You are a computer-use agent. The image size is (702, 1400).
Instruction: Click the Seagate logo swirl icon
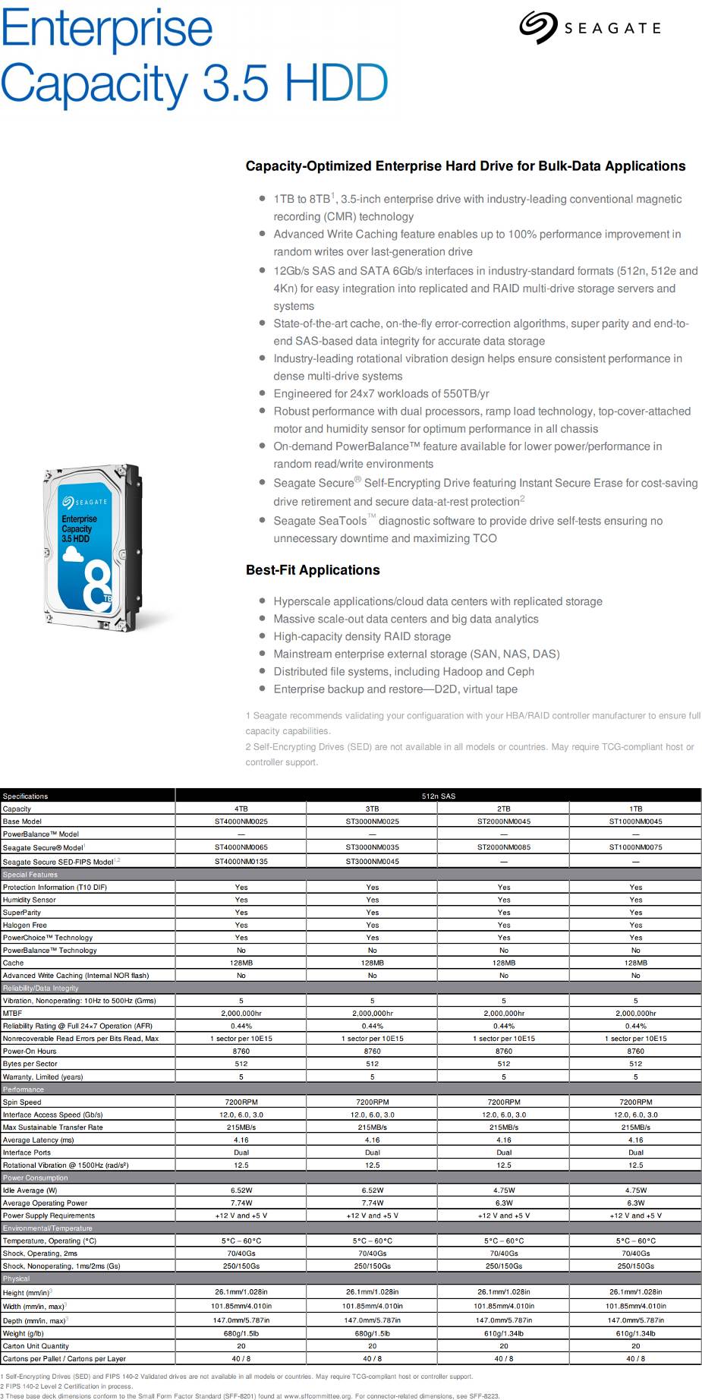pos(538,27)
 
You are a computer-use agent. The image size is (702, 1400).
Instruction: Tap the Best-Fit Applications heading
pos(313,570)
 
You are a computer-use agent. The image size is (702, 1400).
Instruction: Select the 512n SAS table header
pos(438,796)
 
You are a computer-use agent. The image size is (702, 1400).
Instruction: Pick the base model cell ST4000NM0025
pos(241,821)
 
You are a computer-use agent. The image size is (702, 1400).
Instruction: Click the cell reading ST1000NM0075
pos(635,847)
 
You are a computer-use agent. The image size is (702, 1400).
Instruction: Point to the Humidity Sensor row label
pos(30,900)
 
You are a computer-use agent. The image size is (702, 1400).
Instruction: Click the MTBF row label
pos(13,1014)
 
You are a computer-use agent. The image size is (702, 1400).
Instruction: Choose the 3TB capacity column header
pos(372,809)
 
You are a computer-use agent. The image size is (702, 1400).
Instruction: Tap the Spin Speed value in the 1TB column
pos(635,1102)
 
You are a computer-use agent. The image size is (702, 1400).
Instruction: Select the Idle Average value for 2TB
pos(504,1190)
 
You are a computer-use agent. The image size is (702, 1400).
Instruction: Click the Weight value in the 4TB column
pos(241,1333)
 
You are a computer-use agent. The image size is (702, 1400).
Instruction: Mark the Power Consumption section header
pos(36,1178)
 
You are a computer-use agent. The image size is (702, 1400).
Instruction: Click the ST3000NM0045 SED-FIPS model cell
pos(372,862)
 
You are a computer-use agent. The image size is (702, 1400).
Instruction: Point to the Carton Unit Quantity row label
pos(36,1346)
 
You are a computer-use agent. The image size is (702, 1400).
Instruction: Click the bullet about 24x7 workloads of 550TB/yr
pos(381,393)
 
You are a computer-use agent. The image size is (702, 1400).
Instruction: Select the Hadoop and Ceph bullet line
pos(404,672)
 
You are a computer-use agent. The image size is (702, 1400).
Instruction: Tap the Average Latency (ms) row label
pos(39,1140)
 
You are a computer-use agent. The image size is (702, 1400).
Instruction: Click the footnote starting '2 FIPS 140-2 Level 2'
pos(67,1386)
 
